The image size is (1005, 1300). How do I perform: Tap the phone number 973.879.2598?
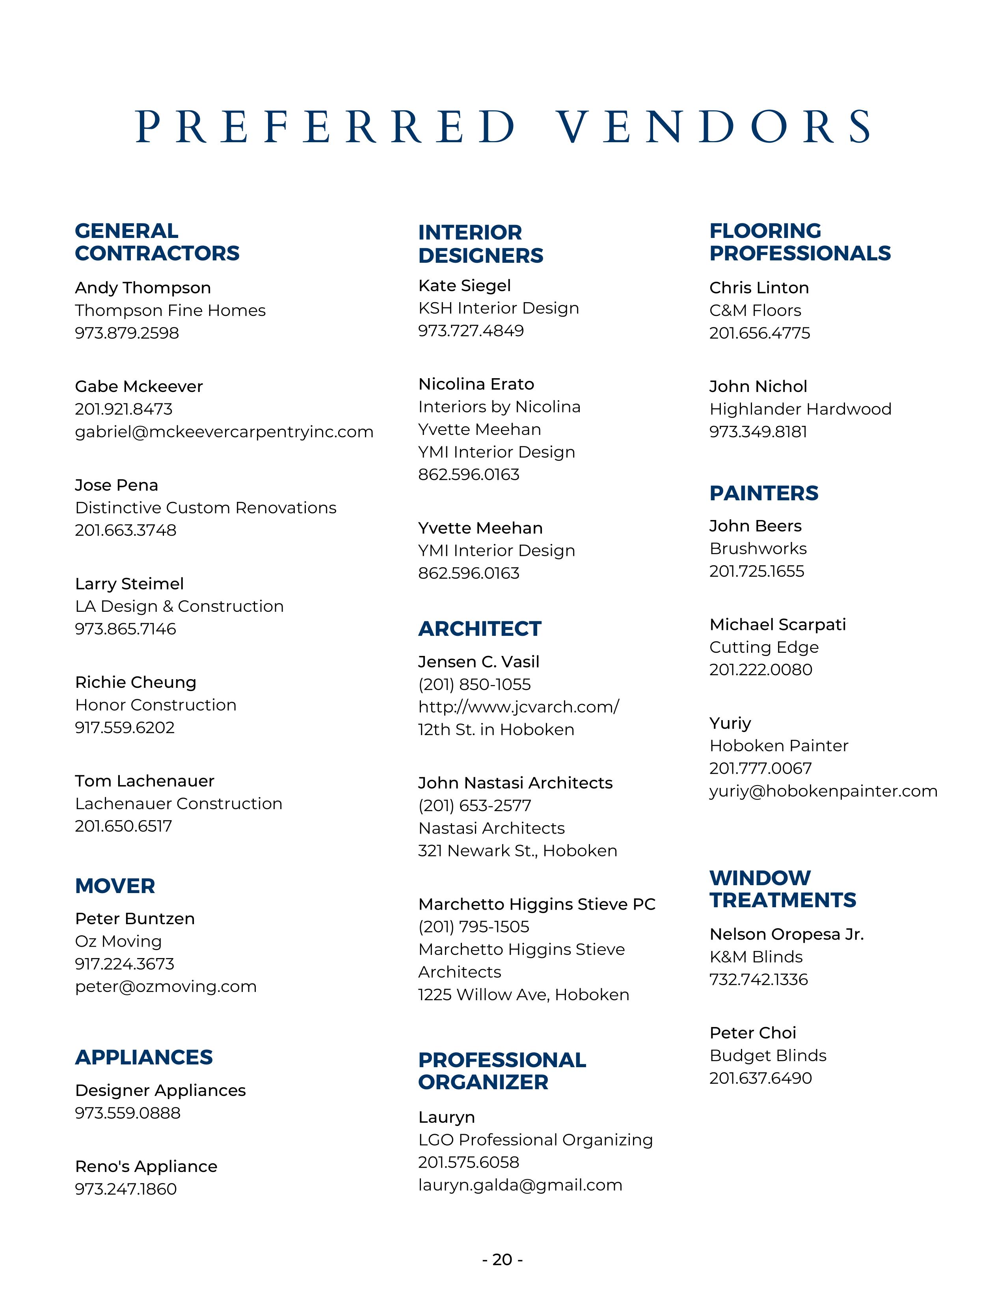127,333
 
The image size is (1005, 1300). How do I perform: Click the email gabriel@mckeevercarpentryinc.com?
224,431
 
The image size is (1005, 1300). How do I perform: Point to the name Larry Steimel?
129,583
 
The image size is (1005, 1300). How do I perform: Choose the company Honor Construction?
155,705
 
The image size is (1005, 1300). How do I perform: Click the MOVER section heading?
115,886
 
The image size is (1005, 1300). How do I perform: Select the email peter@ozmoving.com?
166,986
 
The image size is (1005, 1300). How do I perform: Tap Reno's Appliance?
146,1166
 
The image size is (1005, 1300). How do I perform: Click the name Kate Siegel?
464,286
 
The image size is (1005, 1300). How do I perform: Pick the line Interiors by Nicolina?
499,407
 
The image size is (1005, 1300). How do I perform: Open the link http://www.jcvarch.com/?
518,707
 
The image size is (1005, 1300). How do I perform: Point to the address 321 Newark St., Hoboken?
517,851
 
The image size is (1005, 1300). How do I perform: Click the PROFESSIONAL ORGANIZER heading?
502,1071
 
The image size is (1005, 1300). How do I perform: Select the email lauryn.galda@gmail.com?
520,1185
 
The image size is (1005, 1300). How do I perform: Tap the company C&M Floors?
755,310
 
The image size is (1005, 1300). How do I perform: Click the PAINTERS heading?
764,493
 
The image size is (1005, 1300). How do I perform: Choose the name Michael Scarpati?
778,624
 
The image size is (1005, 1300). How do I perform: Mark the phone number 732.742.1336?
759,979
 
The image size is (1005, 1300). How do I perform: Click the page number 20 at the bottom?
502,1259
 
